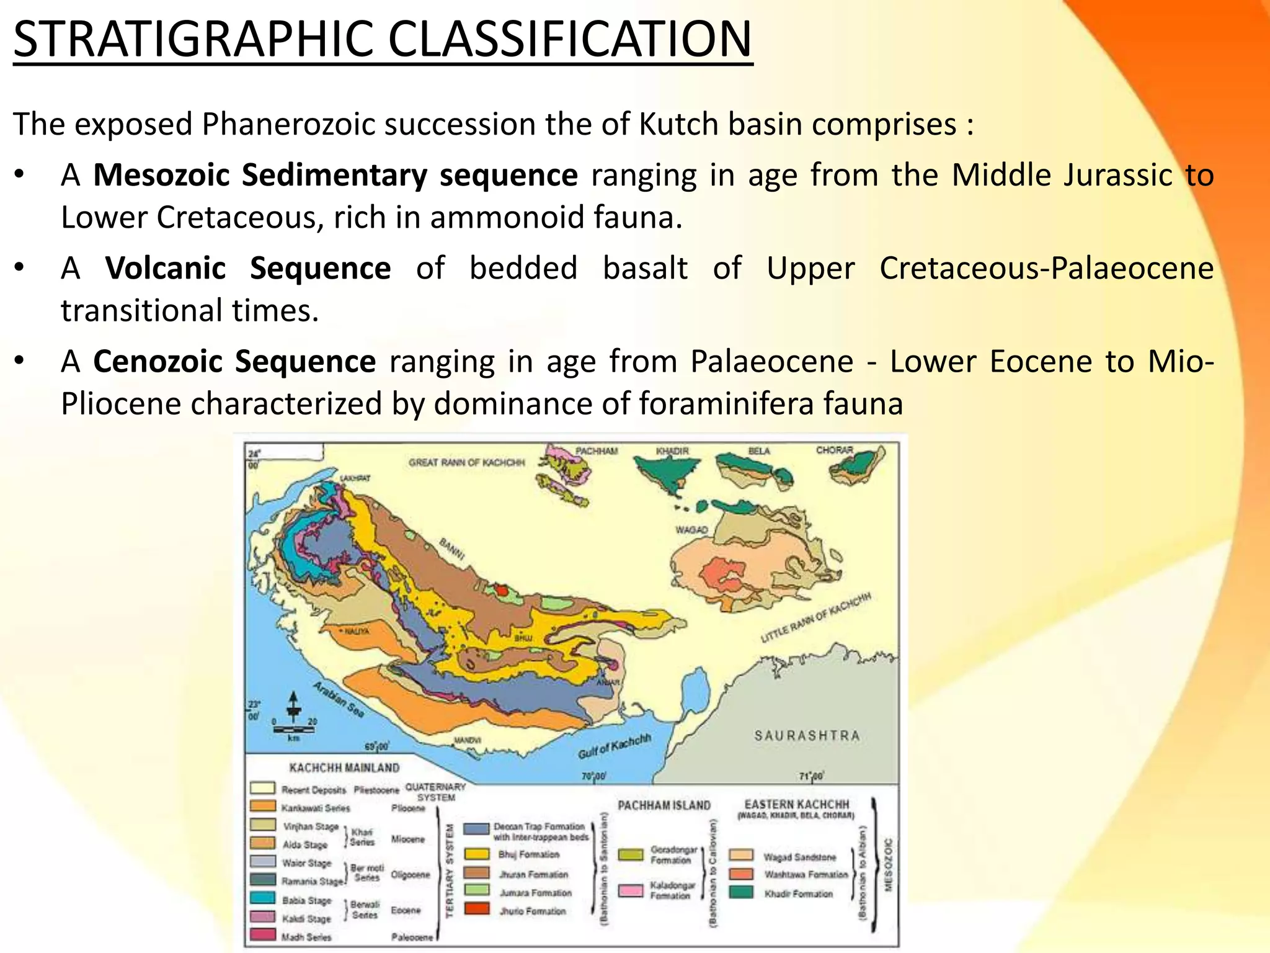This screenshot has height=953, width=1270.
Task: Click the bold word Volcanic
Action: click(x=166, y=268)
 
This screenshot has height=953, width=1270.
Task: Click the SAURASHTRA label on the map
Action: click(x=807, y=736)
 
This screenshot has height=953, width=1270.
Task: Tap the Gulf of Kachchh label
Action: click(x=615, y=746)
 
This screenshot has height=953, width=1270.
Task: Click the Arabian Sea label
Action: click(x=338, y=699)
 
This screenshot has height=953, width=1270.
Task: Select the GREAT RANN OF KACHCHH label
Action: click(x=466, y=462)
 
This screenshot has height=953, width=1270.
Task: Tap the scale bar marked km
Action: click(x=294, y=727)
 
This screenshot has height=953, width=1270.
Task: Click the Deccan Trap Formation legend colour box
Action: click(x=476, y=830)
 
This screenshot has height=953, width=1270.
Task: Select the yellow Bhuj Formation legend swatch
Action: click(x=476, y=854)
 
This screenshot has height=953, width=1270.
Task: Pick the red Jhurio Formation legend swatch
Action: click(x=476, y=910)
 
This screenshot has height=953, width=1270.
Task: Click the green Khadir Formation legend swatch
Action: click(x=741, y=893)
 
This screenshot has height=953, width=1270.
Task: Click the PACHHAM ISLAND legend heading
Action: click(x=664, y=805)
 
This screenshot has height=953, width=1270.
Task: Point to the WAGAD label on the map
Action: click(x=691, y=529)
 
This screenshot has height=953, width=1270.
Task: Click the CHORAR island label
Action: click(x=834, y=450)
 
